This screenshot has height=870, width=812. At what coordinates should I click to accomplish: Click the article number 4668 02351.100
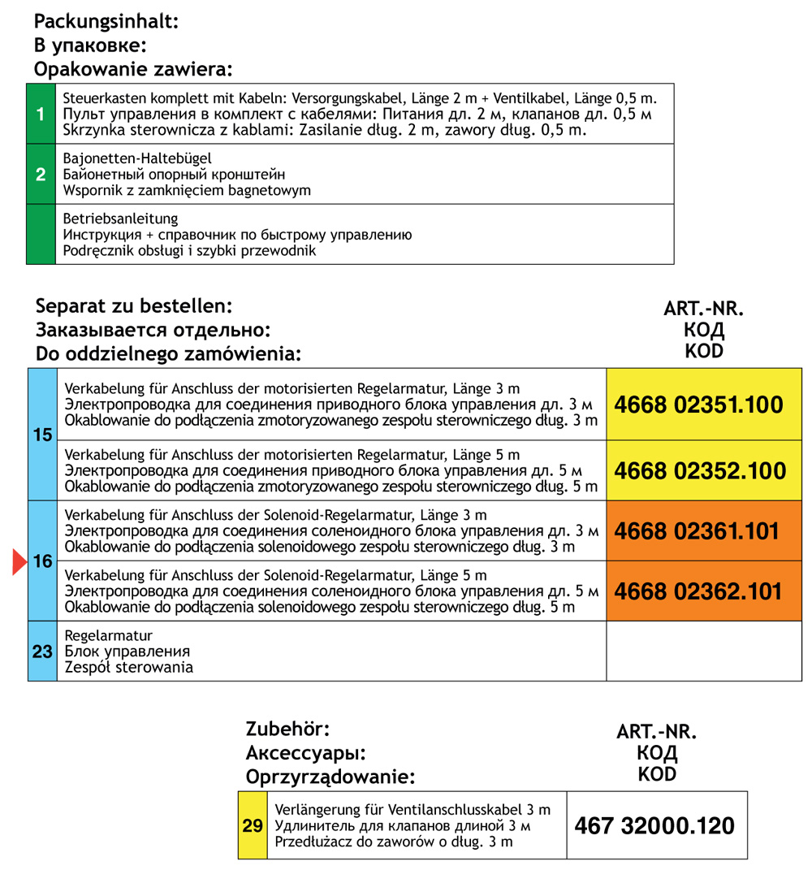[x=698, y=405]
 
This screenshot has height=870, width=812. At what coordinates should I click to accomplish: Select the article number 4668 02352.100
[x=698, y=470]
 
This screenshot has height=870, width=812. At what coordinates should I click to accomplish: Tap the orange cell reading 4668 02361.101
[x=698, y=531]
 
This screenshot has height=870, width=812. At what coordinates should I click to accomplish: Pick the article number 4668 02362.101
[x=698, y=591]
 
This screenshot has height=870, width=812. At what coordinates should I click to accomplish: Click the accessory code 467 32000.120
[x=654, y=827]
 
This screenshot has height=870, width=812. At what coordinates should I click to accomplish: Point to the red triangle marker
[x=19, y=562]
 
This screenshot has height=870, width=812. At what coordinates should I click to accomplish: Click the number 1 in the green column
[x=41, y=114]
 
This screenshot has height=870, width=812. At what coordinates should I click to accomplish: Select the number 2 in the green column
[x=41, y=174]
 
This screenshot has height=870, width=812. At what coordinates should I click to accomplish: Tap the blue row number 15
[x=42, y=435]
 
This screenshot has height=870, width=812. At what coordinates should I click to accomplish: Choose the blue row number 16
[x=42, y=561]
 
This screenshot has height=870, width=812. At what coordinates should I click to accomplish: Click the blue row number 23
[x=42, y=651]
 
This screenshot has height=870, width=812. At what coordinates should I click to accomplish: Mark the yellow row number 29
[x=253, y=826]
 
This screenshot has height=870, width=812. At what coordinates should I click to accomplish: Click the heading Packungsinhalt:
[x=106, y=22]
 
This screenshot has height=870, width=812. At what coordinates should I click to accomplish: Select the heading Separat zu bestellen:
[x=134, y=307]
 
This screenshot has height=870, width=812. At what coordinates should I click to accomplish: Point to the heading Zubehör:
[x=288, y=729]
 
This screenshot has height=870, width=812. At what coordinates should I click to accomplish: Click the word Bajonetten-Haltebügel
[x=136, y=159]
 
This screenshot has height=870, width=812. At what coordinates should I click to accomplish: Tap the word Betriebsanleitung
[x=120, y=219]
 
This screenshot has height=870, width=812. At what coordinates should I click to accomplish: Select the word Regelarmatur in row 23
[x=108, y=636]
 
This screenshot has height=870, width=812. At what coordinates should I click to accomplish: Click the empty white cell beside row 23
[x=703, y=651]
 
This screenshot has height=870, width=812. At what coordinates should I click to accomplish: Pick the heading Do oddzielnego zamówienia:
[x=168, y=354]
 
